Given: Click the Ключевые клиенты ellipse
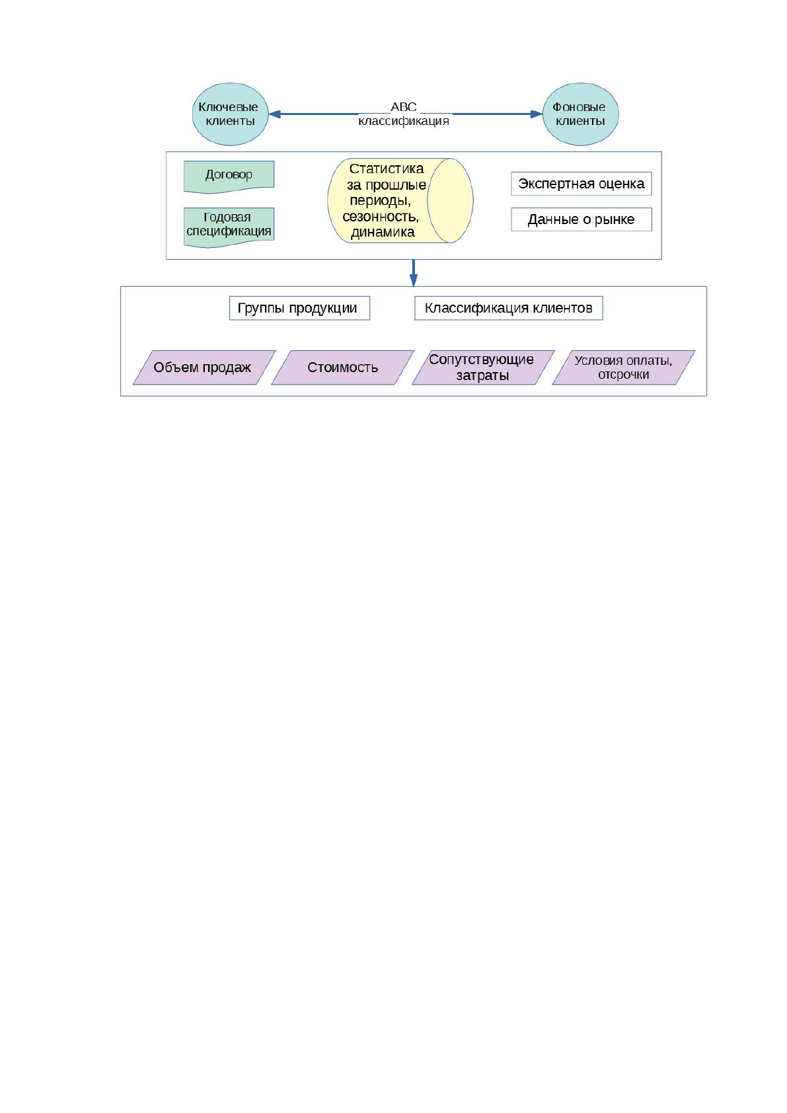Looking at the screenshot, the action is point(230,114).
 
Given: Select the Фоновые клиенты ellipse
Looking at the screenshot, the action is point(580,114).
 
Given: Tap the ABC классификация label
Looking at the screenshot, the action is point(404,114).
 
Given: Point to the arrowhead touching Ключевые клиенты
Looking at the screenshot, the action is point(275,114).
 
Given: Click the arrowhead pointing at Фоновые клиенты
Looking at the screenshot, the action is point(536,114).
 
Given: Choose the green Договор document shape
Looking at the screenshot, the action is point(229,176).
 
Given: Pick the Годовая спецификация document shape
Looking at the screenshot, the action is point(229,227).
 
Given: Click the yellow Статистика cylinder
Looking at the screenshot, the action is point(400,201).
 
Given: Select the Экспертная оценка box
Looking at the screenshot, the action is point(581,184).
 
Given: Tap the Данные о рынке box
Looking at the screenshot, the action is point(581,219).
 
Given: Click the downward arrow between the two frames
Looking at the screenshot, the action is point(414,273).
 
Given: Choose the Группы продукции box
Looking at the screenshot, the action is point(299,308).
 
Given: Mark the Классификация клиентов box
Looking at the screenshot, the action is point(509,308).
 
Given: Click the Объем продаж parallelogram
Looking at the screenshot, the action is point(204,367).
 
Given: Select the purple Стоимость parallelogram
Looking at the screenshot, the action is point(343,367).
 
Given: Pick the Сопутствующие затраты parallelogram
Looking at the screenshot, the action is point(483,367).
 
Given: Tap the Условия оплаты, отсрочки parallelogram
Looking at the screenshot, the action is point(624,367).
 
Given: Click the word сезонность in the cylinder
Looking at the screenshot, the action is point(381,217).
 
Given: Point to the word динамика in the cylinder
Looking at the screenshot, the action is point(383,233).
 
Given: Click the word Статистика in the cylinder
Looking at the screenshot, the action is point(387,169).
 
